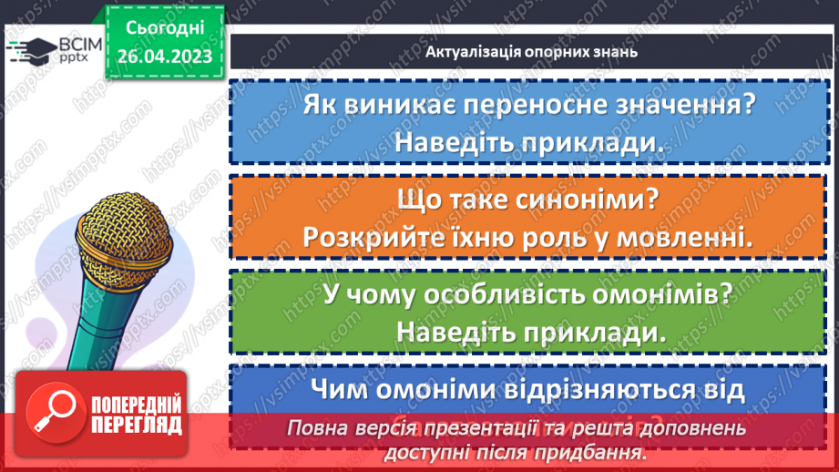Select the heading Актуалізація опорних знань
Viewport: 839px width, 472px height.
click(530, 51)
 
